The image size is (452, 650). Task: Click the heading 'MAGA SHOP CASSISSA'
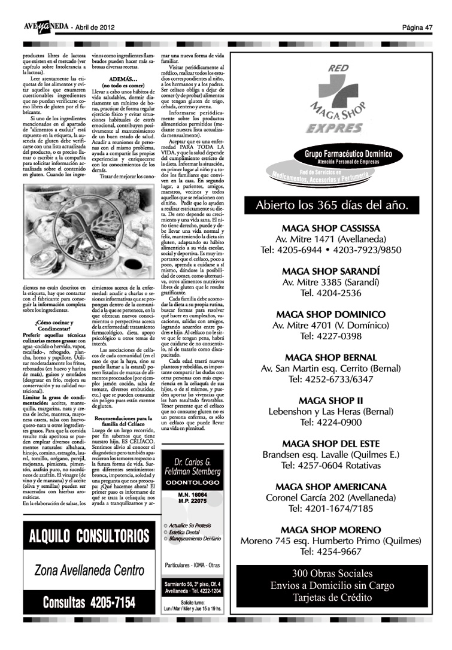(330, 229)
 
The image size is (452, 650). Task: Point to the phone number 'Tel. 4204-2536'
(330, 293)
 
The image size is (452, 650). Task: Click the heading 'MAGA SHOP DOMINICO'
(330, 314)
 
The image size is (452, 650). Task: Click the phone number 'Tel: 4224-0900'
(330, 421)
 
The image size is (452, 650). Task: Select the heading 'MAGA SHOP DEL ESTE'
(330, 444)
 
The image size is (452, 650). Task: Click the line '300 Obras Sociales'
(332, 573)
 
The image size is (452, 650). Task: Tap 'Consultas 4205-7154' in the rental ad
(89, 602)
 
